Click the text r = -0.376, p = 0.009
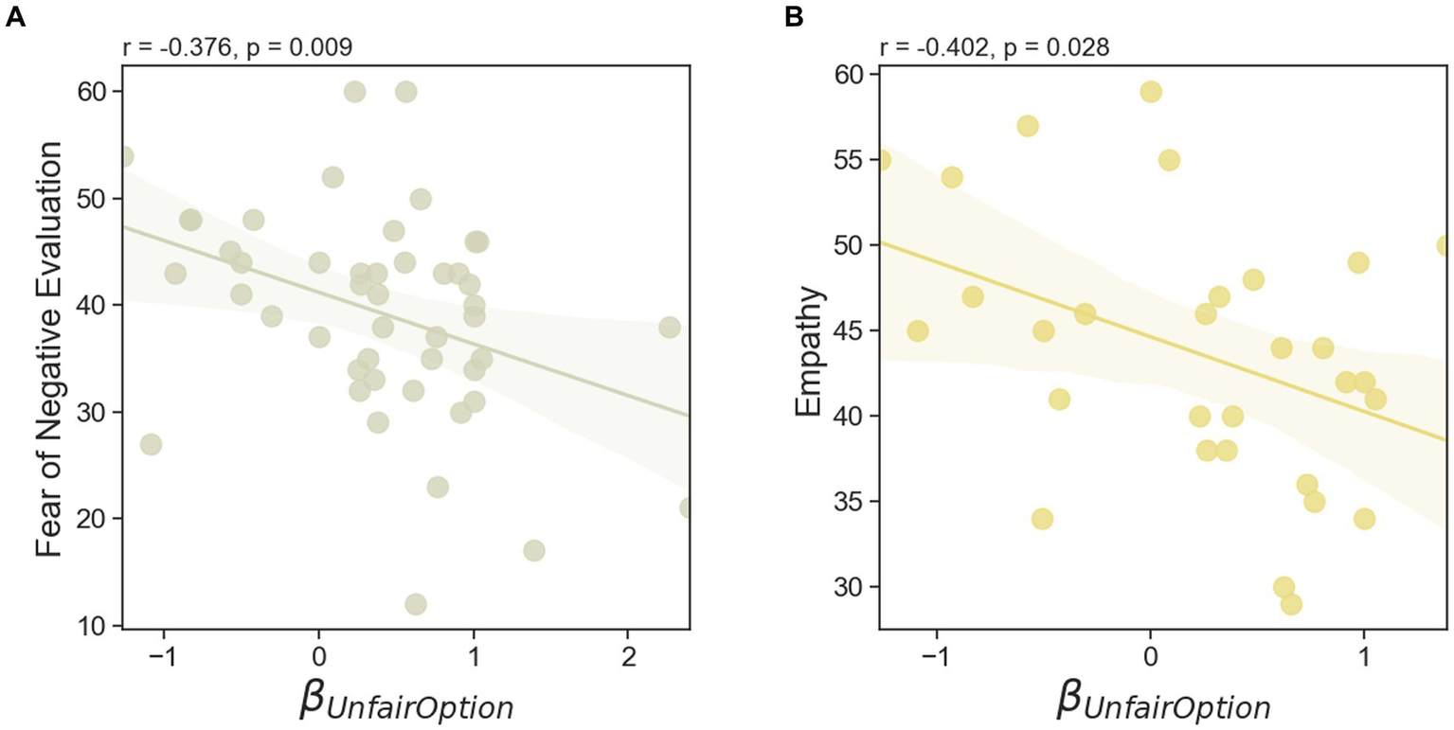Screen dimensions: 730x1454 [x=237, y=47]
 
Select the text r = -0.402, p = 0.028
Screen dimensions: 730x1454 [x=995, y=47]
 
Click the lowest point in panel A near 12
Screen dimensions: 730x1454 [x=415, y=604]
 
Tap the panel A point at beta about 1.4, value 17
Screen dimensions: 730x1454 [x=533, y=550]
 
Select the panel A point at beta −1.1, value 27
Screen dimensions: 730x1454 [x=151, y=444]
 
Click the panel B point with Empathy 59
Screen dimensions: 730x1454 [x=1151, y=92]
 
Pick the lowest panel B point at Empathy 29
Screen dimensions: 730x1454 [x=1291, y=604]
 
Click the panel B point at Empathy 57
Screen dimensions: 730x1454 [x=1028, y=126]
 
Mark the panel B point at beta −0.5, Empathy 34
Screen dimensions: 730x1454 [x=1043, y=519]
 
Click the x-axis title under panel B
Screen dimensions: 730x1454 [x=1162, y=705]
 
